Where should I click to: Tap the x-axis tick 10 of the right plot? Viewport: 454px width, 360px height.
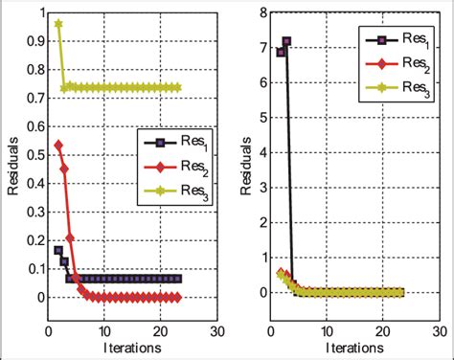327,333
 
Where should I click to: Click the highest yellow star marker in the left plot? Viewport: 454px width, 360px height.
59,24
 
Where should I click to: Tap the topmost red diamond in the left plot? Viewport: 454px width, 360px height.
59,146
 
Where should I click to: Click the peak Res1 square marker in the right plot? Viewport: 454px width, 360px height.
285,41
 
